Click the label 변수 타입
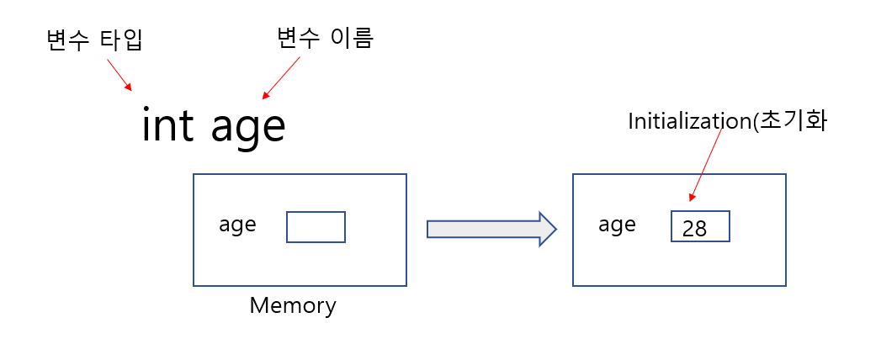click(95, 40)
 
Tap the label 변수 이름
click(325, 37)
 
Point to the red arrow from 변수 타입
click(119, 73)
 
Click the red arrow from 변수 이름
click(281, 77)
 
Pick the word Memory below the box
click(293, 305)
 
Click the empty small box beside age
click(316, 227)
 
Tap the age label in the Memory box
click(237, 225)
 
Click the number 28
click(695, 229)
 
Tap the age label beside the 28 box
click(617, 225)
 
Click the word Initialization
click(688, 121)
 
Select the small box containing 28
click(700, 226)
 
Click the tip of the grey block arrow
click(555, 229)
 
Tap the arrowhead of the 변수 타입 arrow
click(129, 87)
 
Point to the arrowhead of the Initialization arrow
click(692, 198)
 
